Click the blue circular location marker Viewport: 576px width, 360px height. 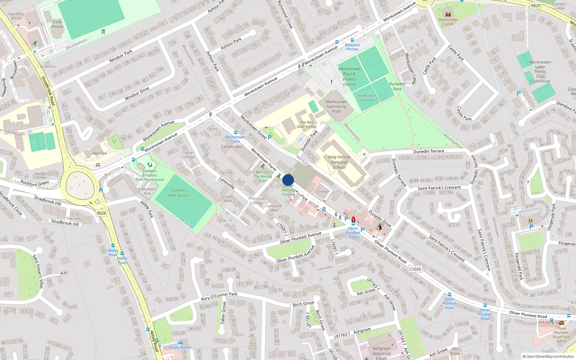click(x=288, y=180)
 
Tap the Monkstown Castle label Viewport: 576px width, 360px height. click(x=448, y=22)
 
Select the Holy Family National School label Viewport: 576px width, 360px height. click(x=339, y=162)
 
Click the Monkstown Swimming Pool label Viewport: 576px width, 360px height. click(x=336, y=107)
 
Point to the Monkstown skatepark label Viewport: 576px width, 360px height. click(x=366, y=98)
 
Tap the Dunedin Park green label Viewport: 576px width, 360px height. click(x=397, y=86)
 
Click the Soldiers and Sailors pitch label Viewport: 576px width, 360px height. click(x=179, y=193)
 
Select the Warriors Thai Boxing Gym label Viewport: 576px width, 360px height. click(x=262, y=176)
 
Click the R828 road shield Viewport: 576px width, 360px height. click(x=101, y=213)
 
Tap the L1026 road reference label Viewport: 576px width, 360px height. click(x=415, y=269)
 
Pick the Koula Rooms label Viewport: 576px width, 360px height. click(x=180, y=347)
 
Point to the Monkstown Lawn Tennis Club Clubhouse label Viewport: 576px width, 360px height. click(x=540, y=72)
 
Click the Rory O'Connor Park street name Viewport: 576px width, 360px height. click(x=219, y=296)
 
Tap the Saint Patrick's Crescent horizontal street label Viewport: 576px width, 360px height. click(x=439, y=188)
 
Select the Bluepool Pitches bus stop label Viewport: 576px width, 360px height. click(x=352, y=47)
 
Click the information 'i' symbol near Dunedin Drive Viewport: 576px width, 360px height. click(x=380, y=227)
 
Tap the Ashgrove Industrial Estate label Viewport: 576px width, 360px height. click(x=381, y=353)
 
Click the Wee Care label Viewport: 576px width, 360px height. click(x=99, y=153)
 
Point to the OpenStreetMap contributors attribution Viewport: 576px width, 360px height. click(x=548, y=357)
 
